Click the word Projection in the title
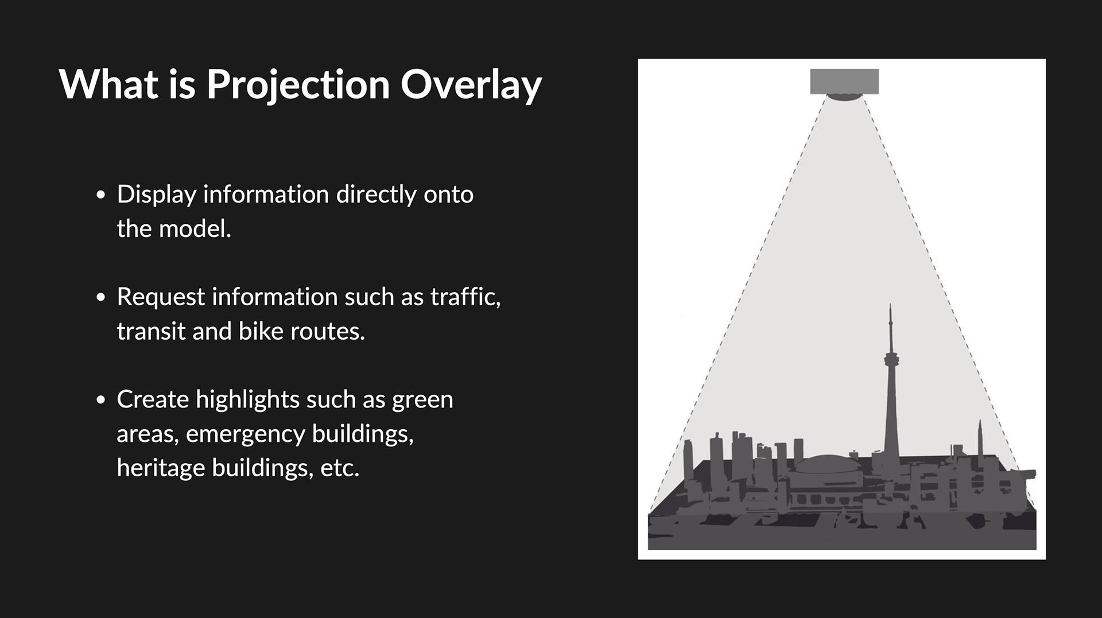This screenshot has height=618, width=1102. click(298, 85)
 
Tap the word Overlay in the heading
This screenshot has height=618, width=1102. click(471, 85)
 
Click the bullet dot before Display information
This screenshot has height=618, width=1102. click(101, 195)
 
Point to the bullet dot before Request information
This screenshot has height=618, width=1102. click(101, 297)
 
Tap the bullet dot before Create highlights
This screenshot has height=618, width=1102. click(101, 399)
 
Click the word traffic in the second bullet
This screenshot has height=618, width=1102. click(465, 297)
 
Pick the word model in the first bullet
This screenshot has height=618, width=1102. click(195, 229)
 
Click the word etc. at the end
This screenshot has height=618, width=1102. click(340, 468)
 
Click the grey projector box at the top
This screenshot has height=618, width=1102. click(844, 81)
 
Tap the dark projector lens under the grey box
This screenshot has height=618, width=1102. click(844, 97)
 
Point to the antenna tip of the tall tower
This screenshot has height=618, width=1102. click(890, 305)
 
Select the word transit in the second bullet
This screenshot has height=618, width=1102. click(151, 331)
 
